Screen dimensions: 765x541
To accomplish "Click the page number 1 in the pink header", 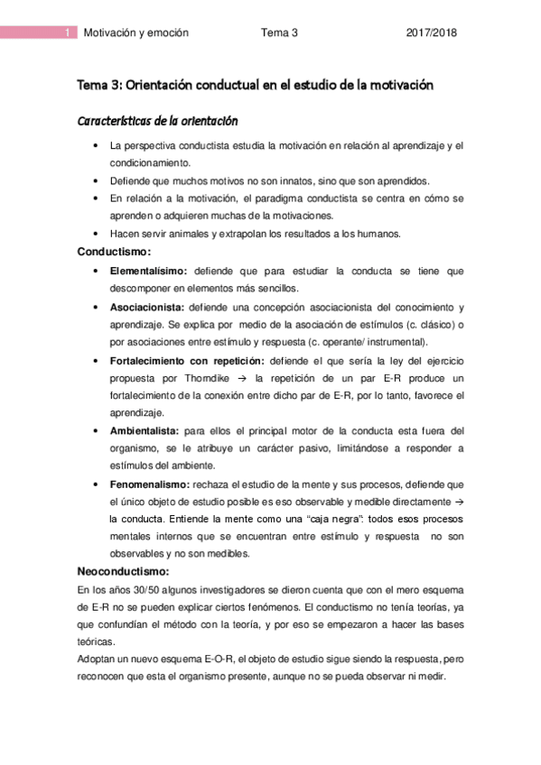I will click(69, 33).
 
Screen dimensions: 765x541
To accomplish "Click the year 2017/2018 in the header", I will click(432, 33).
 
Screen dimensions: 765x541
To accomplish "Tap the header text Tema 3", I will click(279, 33).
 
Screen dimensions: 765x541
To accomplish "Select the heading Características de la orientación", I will click(157, 121).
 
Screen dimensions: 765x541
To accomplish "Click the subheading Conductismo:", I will click(114, 251).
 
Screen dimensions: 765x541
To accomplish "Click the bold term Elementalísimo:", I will click(148, 271).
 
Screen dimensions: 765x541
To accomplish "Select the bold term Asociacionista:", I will click(147, 307).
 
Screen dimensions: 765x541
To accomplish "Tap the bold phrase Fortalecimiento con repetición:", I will click(186, 360).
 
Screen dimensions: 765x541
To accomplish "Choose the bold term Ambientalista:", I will click(145, 430).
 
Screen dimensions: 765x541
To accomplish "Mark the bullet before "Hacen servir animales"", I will click(96, 234).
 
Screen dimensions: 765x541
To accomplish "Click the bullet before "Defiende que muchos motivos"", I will click(96, 180).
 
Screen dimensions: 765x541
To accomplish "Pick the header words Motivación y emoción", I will click(135, 33).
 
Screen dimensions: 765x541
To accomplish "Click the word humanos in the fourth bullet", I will click(379, 234).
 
